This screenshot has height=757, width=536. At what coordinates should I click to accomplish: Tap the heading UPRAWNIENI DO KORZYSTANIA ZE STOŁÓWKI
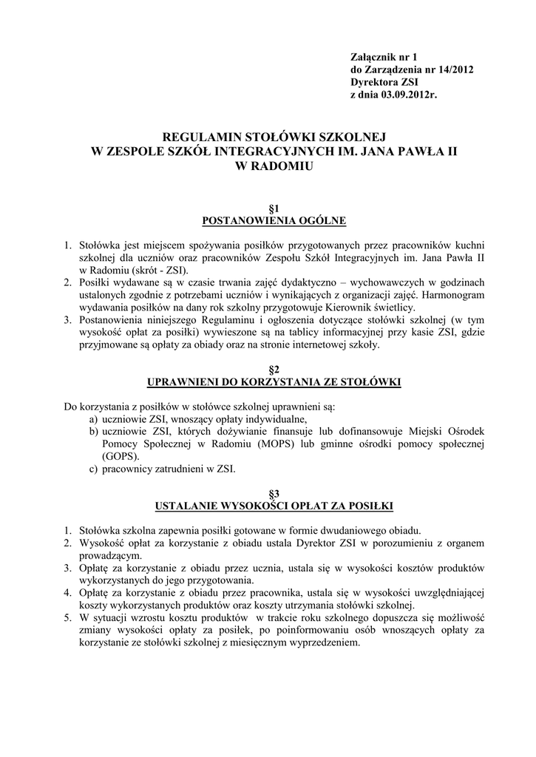(274, 382)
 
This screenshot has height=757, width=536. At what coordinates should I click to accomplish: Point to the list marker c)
(94, 469)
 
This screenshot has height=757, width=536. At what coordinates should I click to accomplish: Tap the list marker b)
(94, 431)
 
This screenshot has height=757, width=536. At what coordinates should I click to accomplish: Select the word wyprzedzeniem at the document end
(323, 642)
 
